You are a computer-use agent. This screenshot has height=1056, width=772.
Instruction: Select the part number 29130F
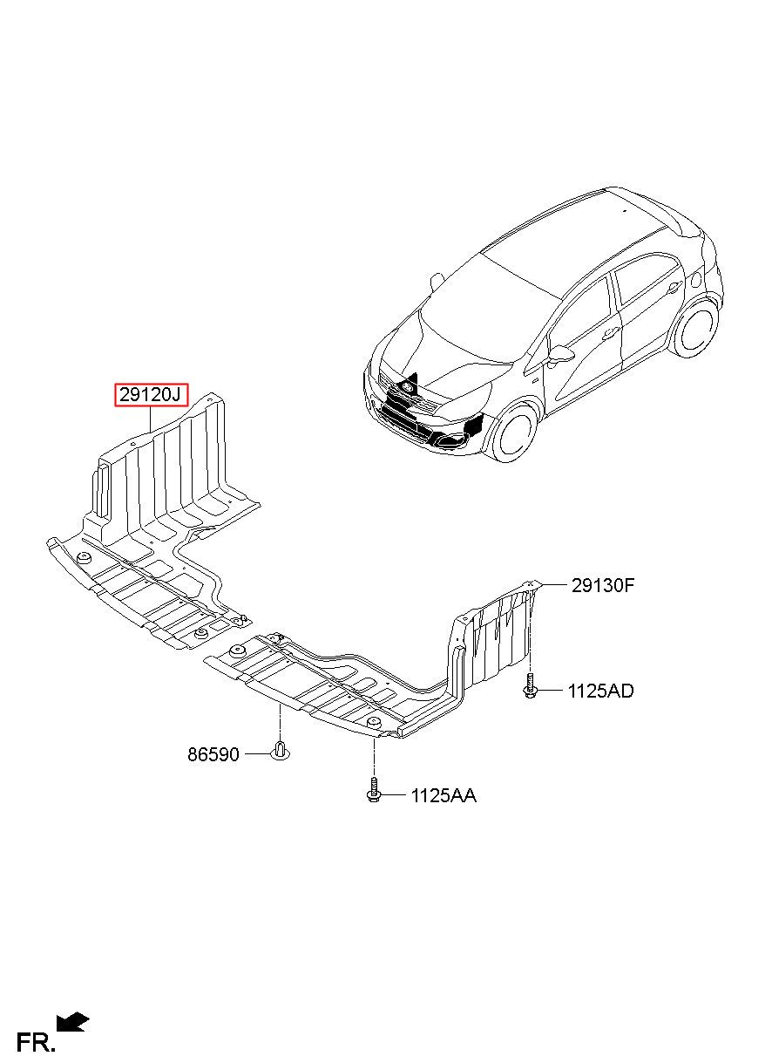tap(602, 585)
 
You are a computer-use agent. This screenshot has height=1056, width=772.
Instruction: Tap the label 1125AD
tap(600, 692)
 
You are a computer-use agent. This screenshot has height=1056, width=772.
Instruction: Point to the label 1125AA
tap(444, 795)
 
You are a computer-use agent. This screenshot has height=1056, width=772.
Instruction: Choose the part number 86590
tap(213, 753)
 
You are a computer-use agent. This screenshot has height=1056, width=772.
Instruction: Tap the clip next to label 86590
tap(280, 749)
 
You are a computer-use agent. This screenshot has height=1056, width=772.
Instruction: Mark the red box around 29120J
tap(151, 385)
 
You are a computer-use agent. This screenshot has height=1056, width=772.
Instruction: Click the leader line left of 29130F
tap(554, 585)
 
